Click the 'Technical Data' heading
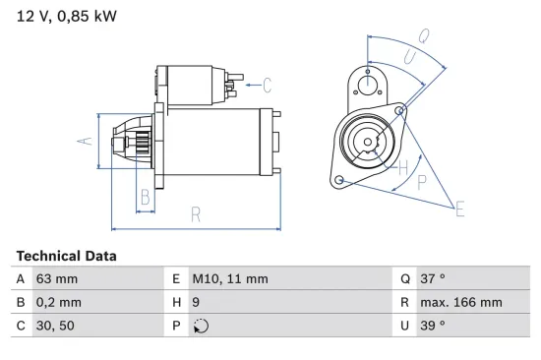point(66,256)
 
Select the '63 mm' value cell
point(58,279)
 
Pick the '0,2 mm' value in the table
point(59,302)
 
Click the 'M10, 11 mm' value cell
point(230,279)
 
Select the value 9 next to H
point(197,302)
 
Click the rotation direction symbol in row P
point(200,326)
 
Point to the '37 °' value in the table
point(434,279)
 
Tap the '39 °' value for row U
point(434,326)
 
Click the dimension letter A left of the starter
point(86,142)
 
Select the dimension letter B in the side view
point(145,196)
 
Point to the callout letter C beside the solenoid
point(267,85)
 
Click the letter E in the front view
point(459,208)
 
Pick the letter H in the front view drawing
point(402,166)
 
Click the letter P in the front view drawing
point(422,181)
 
